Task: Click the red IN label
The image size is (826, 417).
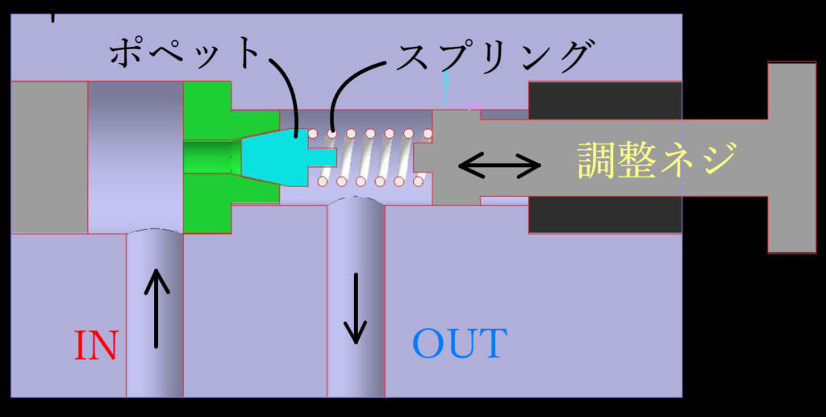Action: tap(96, 346)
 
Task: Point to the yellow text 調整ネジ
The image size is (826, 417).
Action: tap(657, 159)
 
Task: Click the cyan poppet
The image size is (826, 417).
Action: tap(271, 155)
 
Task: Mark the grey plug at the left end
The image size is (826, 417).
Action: tap(48, 157)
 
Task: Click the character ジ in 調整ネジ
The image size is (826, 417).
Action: tap(717, 159)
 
